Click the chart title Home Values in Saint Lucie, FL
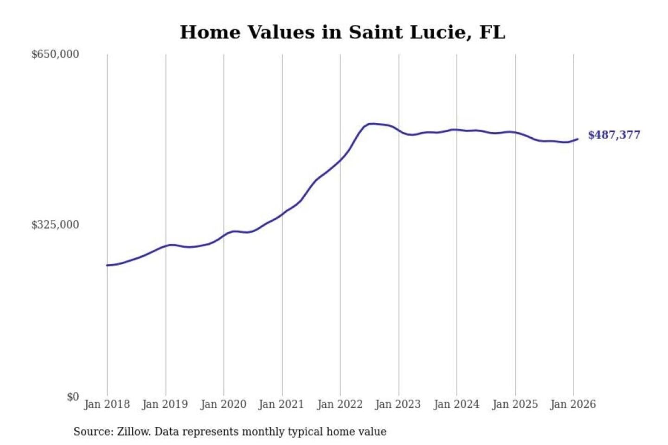coord(342,32)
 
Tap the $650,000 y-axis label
coord(55,54)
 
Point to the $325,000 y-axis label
coord(55,225)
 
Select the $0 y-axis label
coord(73,397)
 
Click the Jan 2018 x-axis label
coord(107,404)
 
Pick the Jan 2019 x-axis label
coord(165,404)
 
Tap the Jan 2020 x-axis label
coord(223,404)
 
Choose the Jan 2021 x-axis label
coord(281,404)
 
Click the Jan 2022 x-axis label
coord(340,404)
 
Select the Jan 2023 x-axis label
coord(398,404)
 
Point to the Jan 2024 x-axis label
coord(456,404)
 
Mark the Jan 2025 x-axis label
coord(514,404)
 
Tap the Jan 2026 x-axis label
coord(572,404)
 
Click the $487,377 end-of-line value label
coord(614,135)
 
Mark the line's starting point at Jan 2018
coord(107,265)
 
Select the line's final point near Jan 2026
coord(578,139)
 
